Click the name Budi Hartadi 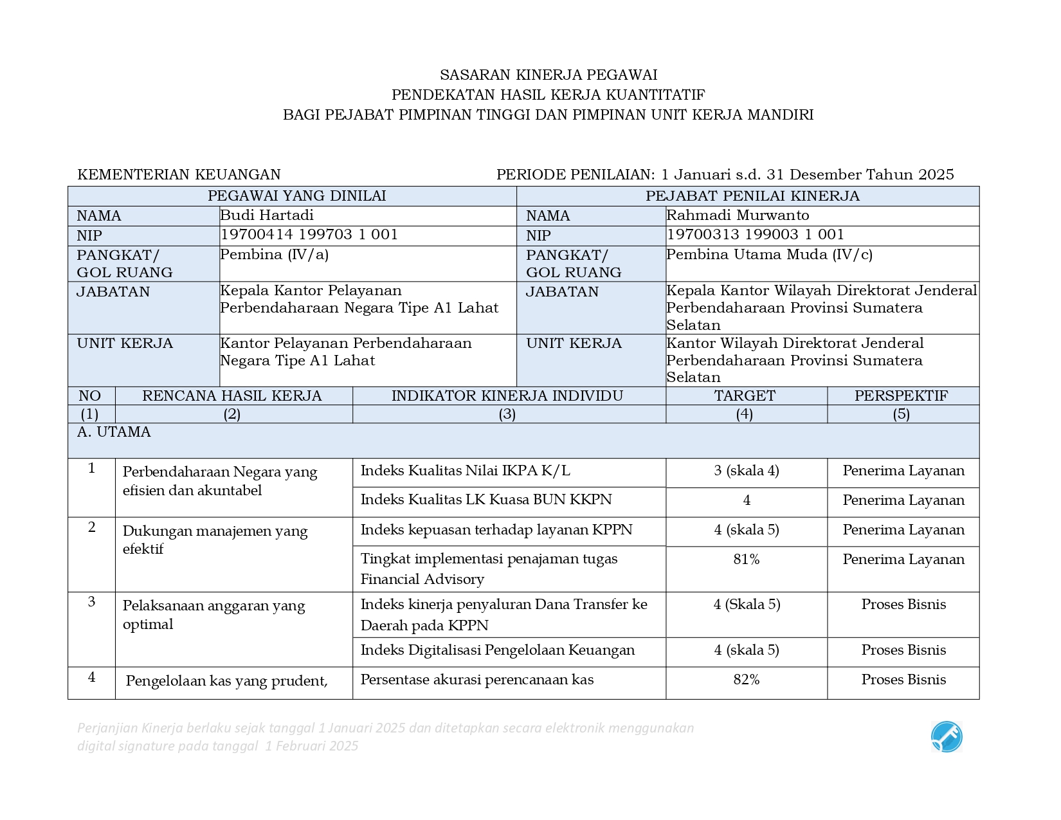coord(267,215)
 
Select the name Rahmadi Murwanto coord(738,215)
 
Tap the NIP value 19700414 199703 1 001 coord(309,235)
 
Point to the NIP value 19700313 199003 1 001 coord(755,235)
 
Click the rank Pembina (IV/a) coord(275,255)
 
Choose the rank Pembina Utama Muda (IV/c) coord(769,255)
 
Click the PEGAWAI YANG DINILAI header coord(296,196)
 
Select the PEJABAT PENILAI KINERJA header coord(752,196)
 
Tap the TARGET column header coord(745,396)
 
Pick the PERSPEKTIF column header coord(901,396)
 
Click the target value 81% coord(746,560)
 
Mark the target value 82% coord(746,680)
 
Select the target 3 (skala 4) coord(746,471)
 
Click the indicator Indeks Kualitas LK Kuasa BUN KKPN coord(486,500)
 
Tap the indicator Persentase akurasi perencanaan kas coord(477,680)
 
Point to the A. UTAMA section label coord(114,432)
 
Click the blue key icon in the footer coord(947,737)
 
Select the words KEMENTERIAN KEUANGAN coord(179,175)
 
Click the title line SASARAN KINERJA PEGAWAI coord(548,75)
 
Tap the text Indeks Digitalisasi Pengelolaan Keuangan coord(498,650)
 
